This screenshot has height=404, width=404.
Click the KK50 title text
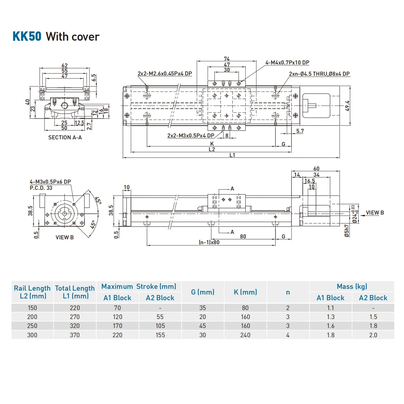[27, 36]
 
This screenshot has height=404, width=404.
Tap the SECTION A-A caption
[65, 137]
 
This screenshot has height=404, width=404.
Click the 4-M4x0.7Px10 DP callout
[287, 63]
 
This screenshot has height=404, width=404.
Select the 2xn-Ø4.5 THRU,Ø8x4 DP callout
[319, 74]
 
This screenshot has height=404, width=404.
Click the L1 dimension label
[232, 155]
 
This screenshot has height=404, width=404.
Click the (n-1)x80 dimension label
[209, 242]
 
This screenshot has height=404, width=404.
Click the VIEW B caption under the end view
[65, 237]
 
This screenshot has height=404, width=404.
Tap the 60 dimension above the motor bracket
[316, 168]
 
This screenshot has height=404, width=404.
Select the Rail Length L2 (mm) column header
[32, 292]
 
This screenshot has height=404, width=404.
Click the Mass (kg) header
[352, 286]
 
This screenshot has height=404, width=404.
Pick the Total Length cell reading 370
[74, 335]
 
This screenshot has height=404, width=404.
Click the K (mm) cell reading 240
[245, 335]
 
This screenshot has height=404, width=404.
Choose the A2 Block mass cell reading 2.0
[373, 335]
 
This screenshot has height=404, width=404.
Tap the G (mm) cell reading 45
[203, 326]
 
